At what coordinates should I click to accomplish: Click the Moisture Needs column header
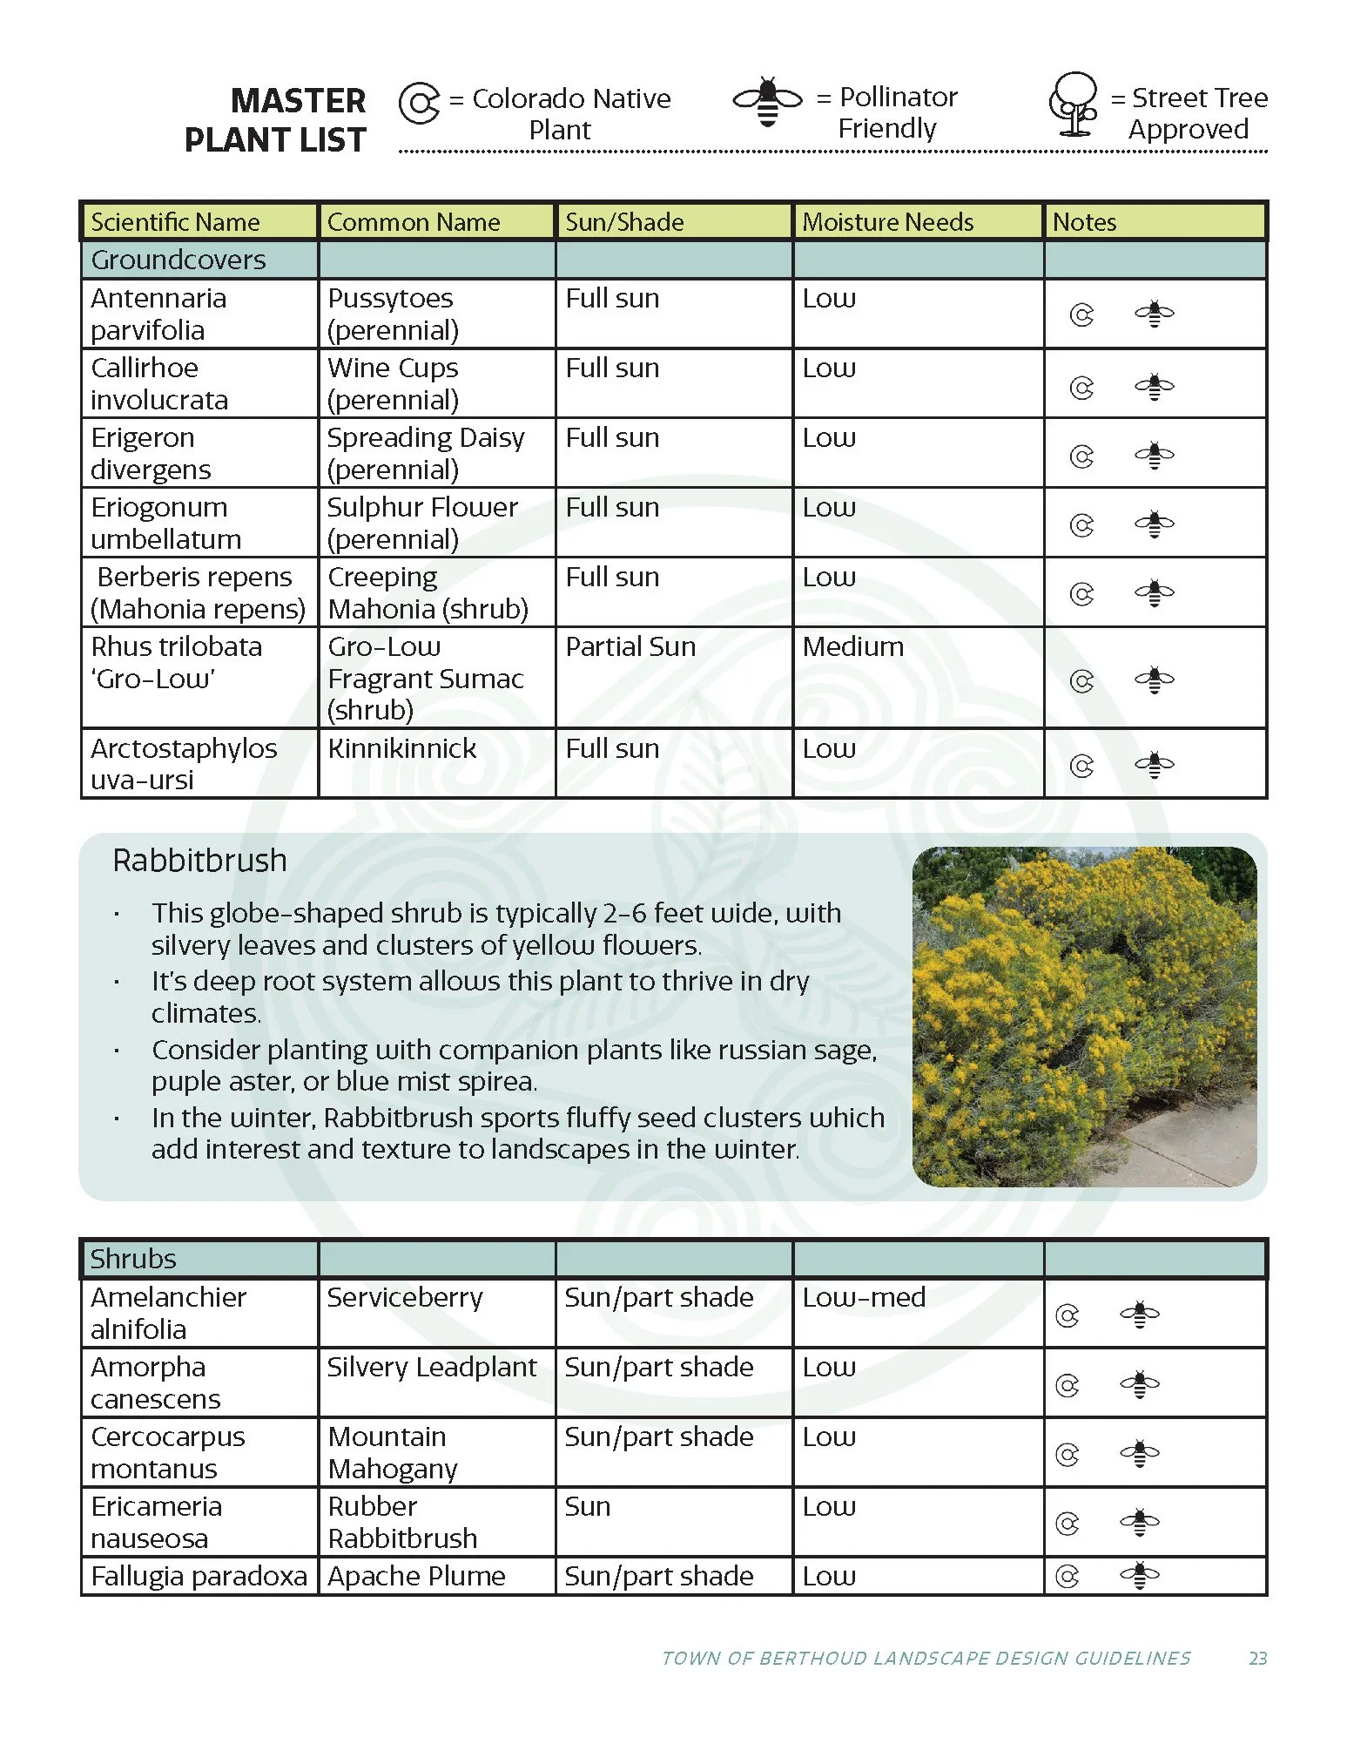[887, 222]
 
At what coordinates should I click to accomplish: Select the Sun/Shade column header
[624, 222]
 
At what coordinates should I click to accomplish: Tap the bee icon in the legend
[767, 101]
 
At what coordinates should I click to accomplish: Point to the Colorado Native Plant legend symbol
[419, 104]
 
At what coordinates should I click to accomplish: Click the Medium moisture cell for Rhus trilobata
[853, 647]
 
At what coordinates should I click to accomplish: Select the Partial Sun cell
[630, 647]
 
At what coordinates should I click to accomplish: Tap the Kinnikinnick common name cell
[402, 748]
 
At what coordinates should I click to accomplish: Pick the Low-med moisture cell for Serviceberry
[864, 1297]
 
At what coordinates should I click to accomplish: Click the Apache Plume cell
[416, 1576]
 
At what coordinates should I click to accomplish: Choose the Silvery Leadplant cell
[432, 1367]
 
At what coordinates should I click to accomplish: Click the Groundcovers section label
[178, 260]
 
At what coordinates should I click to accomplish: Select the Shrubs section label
[133, 1259]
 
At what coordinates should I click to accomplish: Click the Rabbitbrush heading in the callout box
[199, 861]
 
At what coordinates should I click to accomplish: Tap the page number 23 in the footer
[1257, 1659]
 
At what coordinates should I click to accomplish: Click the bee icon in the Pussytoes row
[1154, 314]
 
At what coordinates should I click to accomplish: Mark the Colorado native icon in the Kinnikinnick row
[1081, 766]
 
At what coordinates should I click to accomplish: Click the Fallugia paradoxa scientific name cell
[199, 1576]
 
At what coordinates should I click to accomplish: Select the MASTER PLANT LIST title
[275, 120]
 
